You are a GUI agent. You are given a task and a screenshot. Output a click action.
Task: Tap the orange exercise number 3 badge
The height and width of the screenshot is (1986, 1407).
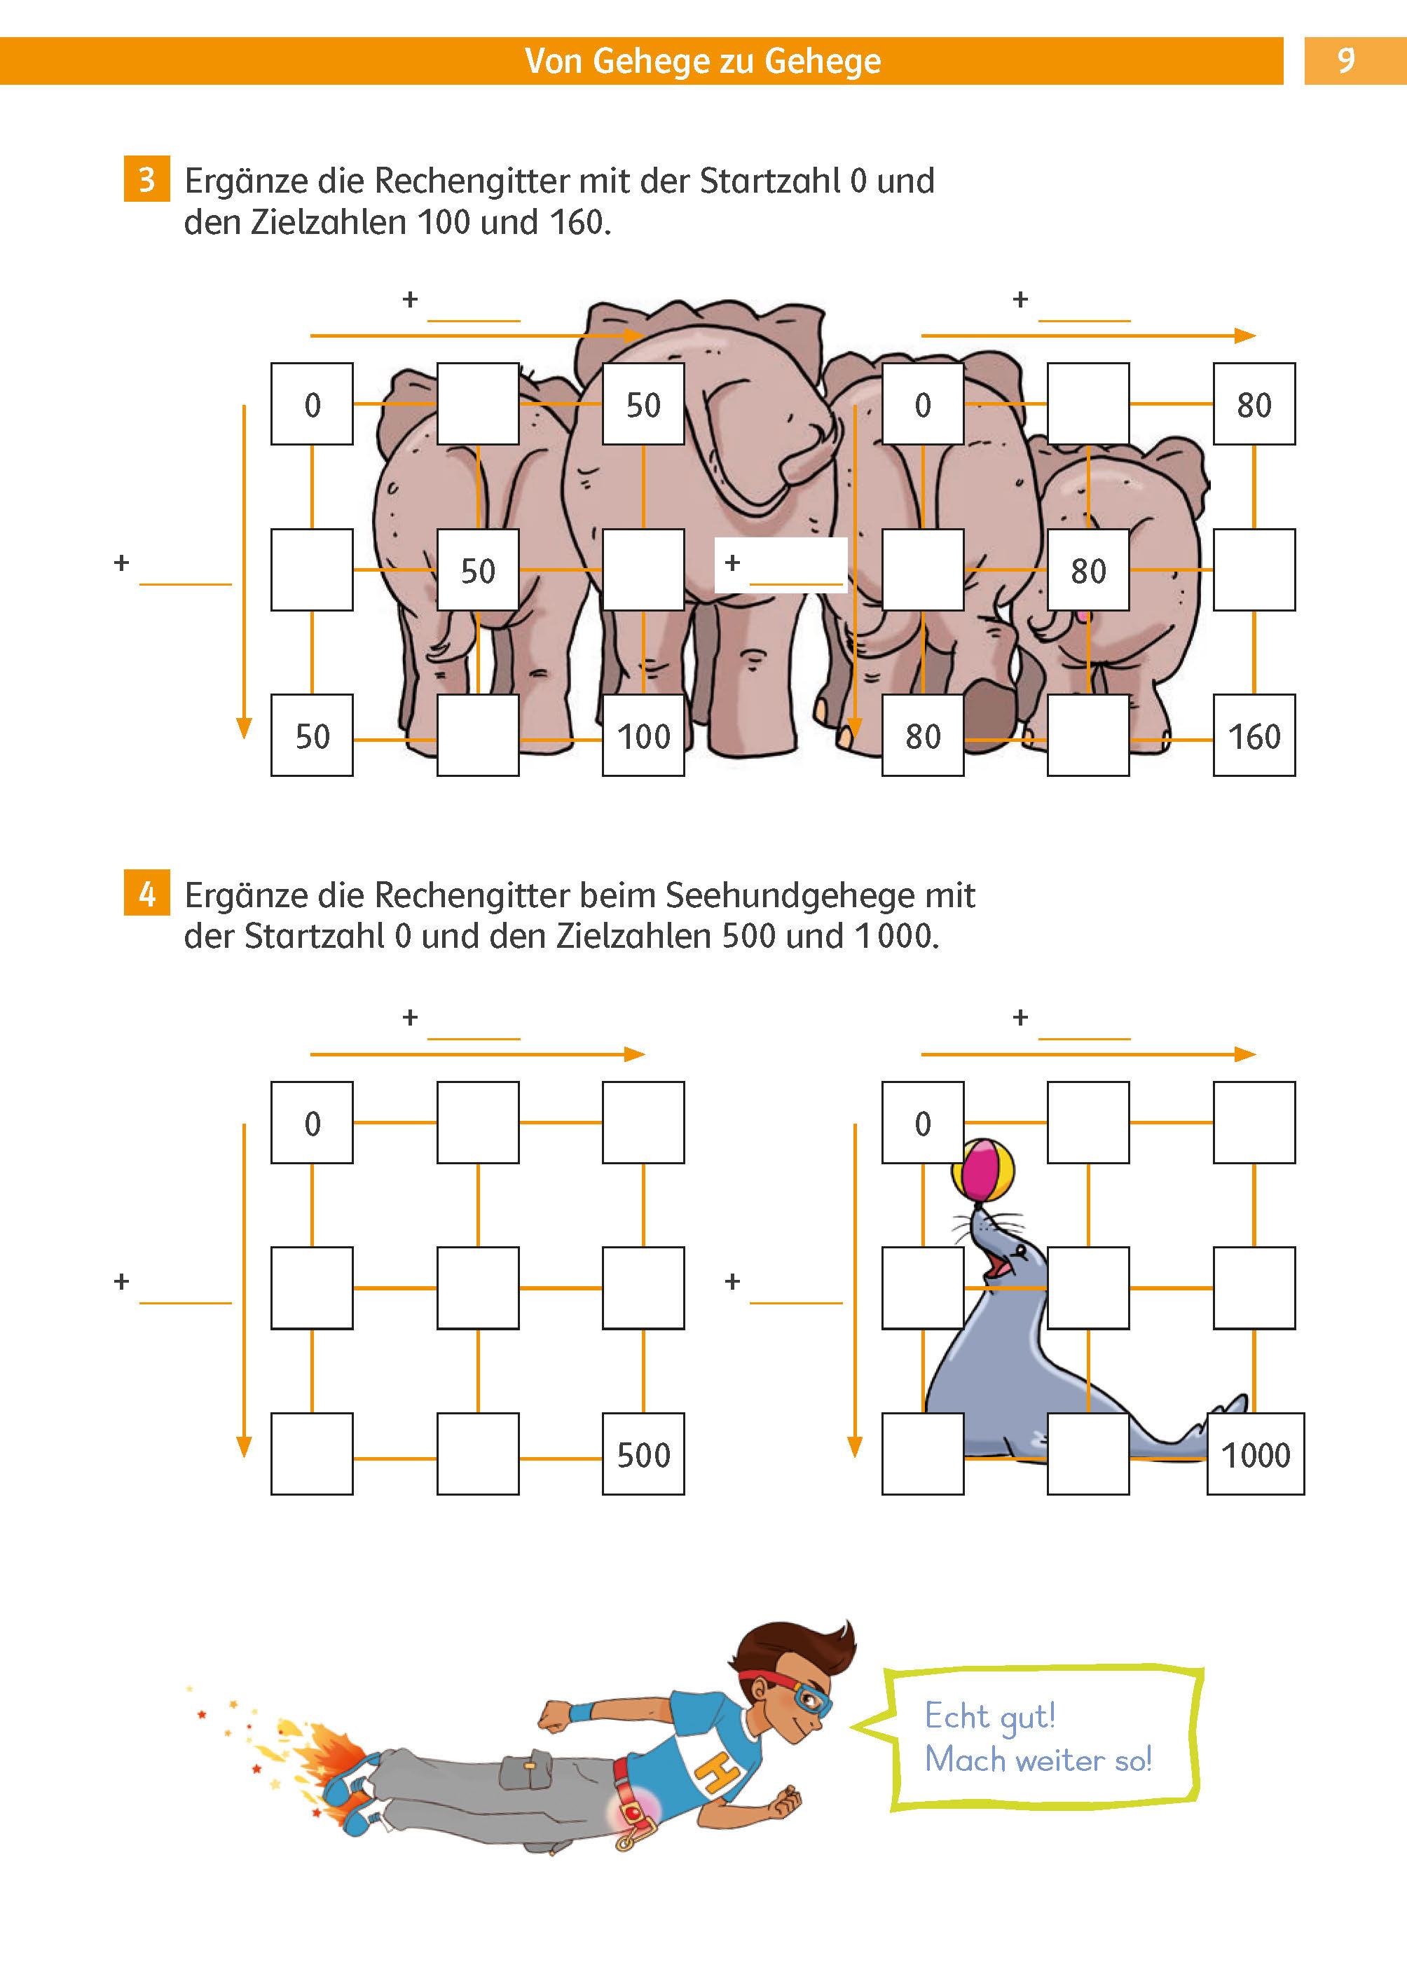point(146,179)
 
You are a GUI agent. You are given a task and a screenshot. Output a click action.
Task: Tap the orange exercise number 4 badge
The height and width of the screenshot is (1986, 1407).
point(146,894)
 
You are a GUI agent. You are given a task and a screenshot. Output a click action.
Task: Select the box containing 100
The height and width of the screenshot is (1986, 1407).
point(643,736)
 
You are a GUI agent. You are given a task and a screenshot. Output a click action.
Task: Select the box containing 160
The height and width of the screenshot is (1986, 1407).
point(1254,736)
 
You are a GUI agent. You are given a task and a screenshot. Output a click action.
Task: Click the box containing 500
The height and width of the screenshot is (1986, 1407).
point(643,1454)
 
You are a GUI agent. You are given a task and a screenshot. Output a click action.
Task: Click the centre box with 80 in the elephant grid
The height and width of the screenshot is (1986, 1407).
point(1088,570)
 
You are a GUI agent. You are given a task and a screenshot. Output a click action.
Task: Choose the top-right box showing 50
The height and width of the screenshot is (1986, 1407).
point(643,404)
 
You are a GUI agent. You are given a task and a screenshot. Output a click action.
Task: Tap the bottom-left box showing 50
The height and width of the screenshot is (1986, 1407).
point(312,736)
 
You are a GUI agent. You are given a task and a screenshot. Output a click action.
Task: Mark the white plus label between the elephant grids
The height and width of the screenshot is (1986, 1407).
point(780,565)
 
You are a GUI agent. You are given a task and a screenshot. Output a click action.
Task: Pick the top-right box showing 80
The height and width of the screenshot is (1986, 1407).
point(1254,404)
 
